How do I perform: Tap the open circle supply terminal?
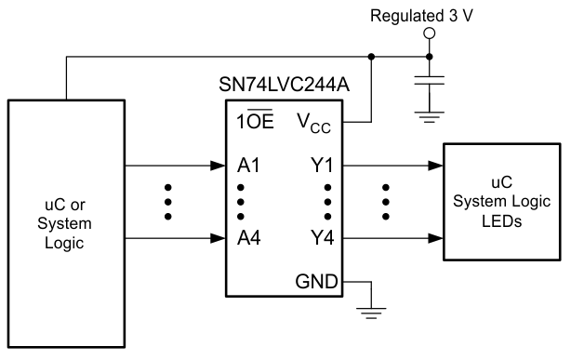click(x=429, y=33)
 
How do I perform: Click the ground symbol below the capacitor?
click(x=429, y=114)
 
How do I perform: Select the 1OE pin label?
click(x=255, y=121)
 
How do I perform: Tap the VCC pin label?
click(x=313, y=121)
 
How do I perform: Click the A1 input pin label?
click(x=248, y=167)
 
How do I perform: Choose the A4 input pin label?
click(x=248, y=236)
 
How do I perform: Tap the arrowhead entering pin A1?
click(x=217, y=167)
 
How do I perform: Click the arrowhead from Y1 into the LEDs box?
click(x=436, y=167)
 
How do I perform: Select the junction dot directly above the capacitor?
click(x=429, y=56)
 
